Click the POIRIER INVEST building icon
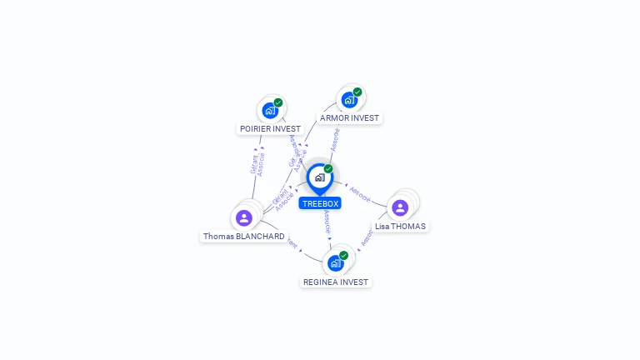[269, 110]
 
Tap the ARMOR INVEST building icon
[348, 100]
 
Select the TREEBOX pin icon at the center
[319, 177]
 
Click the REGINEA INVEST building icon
[335, 263]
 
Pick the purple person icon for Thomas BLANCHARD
[243, 217]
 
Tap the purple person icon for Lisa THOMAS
[400, 207]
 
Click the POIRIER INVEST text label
[270, 129]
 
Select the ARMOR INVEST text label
[350, 118]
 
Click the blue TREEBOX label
[320, 203]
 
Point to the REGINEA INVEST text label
[336, 282]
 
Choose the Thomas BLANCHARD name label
[244, 237]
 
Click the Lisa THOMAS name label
[400, 227]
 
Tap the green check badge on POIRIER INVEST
[278, 102]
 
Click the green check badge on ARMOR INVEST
[357, 92]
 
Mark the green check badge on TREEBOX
[328, 168]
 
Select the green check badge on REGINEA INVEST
[343, 255]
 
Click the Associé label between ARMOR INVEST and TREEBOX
[335, 139]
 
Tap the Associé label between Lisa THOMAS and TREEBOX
[360, 193]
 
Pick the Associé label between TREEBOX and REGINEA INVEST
[327, 221]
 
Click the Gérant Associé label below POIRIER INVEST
[258, 163]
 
